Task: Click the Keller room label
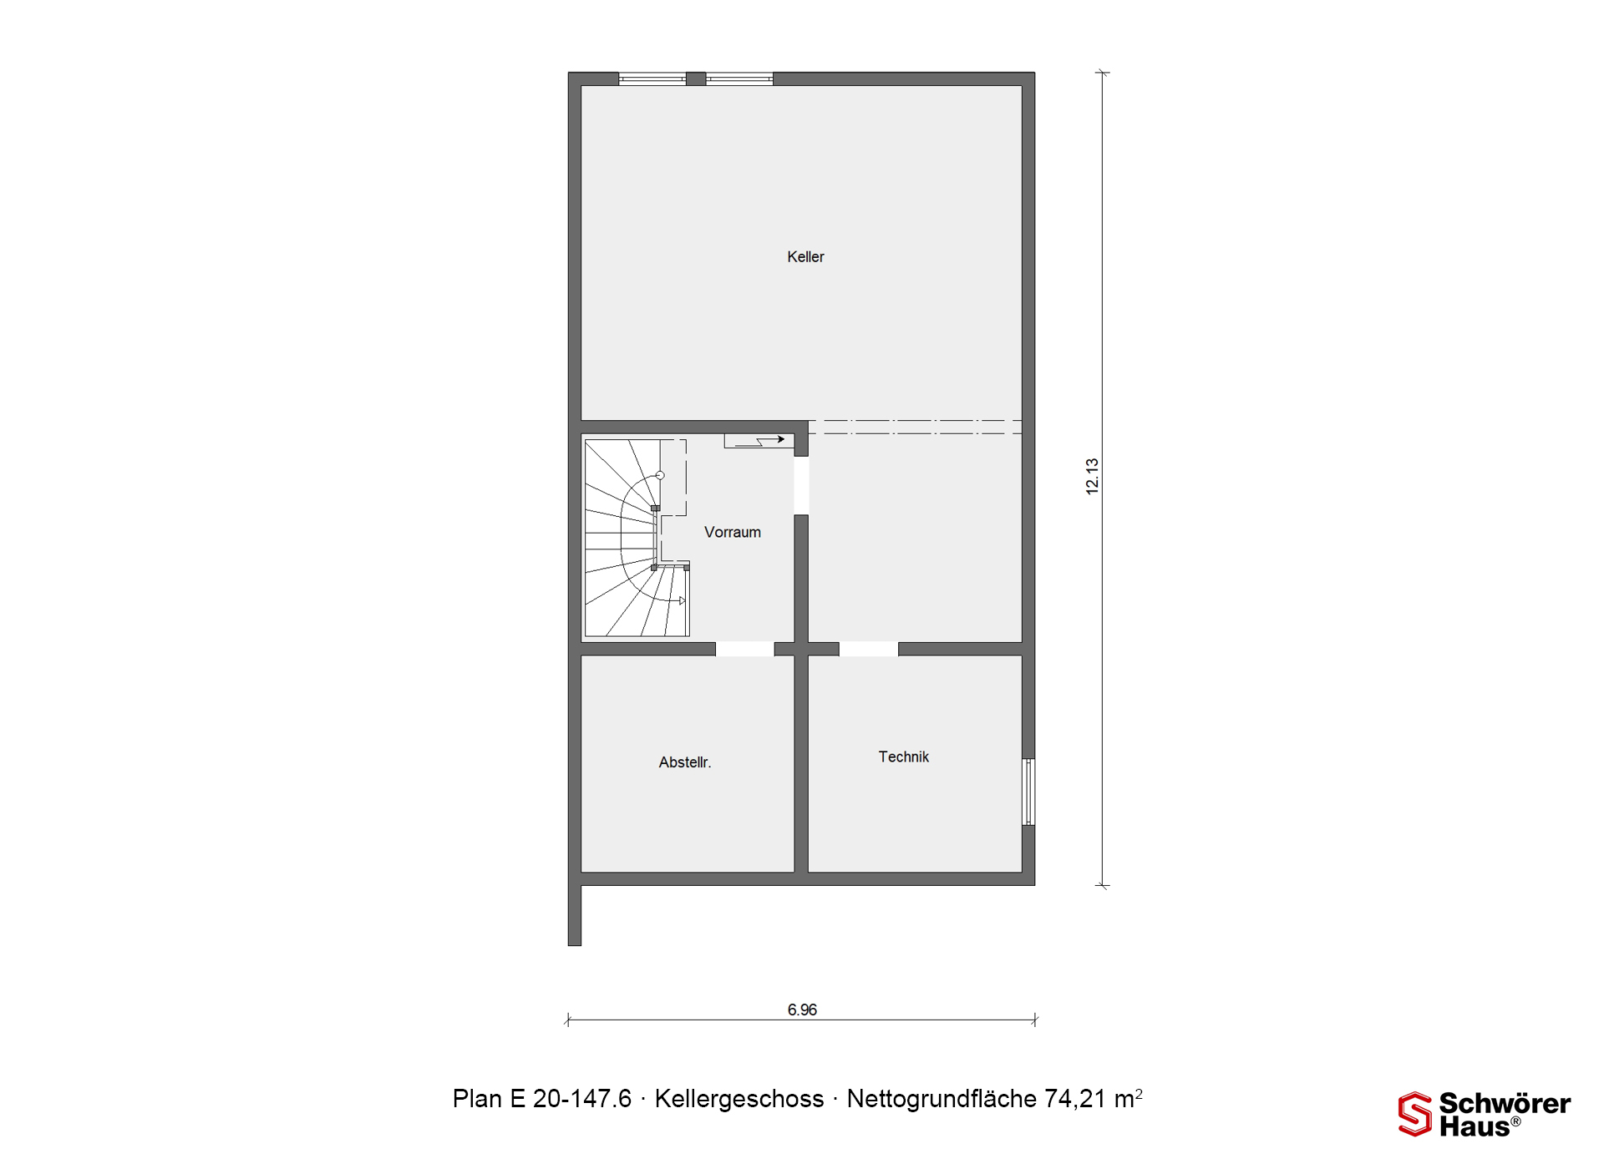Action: coord(805,257)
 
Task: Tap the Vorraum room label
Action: coord(733,532)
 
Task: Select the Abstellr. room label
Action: coord(685,762)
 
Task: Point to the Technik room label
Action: coord(903,757)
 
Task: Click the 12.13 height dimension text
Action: coord(1092,477)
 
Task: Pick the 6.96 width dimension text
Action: coord(802,1010)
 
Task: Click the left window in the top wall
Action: coord(652,79)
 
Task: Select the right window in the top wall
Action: coord(739,79)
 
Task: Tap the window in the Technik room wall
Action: coord(1029,792)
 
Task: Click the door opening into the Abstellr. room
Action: coord(745,649)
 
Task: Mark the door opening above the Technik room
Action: coord(869,649)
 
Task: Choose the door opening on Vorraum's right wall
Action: coord(801,486)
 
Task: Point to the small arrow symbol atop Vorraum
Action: coord(759,440)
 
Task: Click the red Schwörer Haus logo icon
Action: coord(1415,1114)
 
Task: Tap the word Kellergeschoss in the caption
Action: coord(739,1099)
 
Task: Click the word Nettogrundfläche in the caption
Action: coord(942,1099)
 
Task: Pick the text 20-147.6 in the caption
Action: coord(582,1099)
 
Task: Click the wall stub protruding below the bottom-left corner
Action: coord(575,915)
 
